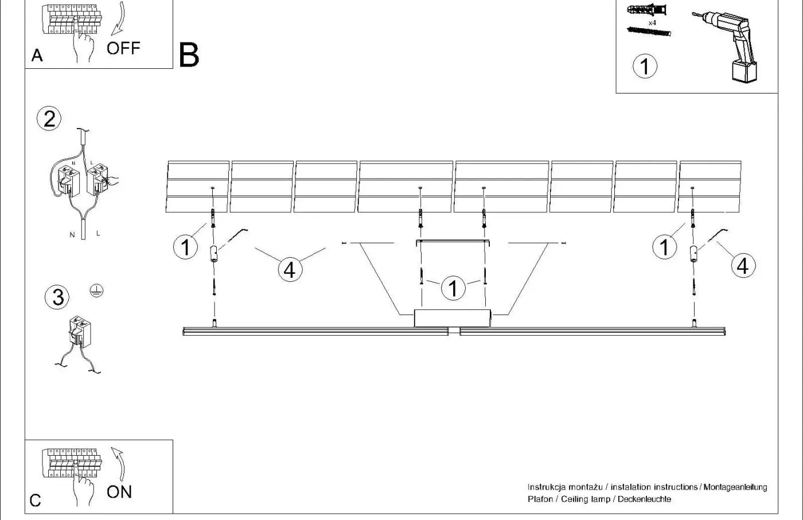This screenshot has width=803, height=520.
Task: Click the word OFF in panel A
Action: click(123, 48)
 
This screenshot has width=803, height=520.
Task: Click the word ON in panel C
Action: click(119, 492)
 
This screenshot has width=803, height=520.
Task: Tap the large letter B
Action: click(189, 55)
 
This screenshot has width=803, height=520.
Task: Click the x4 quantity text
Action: click(653, 23)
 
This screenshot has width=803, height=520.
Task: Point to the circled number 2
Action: click(49, 119)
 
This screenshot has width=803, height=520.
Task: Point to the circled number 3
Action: click(57, 297)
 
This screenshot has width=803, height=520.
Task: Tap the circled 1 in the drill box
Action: click(645, 66)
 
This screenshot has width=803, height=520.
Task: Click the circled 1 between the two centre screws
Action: click(454, 288)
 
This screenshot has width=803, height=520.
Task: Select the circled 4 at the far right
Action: click(743, 266)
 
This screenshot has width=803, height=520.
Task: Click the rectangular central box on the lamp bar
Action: click(453, 318)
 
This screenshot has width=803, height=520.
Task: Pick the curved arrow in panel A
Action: click(119, 18)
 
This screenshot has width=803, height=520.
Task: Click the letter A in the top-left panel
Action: click(37, 56)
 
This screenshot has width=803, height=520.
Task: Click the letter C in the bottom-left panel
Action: click(35, 500)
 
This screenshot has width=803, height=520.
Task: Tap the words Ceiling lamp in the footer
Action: click(586, 499)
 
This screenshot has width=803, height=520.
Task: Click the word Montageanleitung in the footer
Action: click(735, 487)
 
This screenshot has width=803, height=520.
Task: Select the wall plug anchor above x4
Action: click(647, 10)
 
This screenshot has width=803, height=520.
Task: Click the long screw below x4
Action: click(649, 32)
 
